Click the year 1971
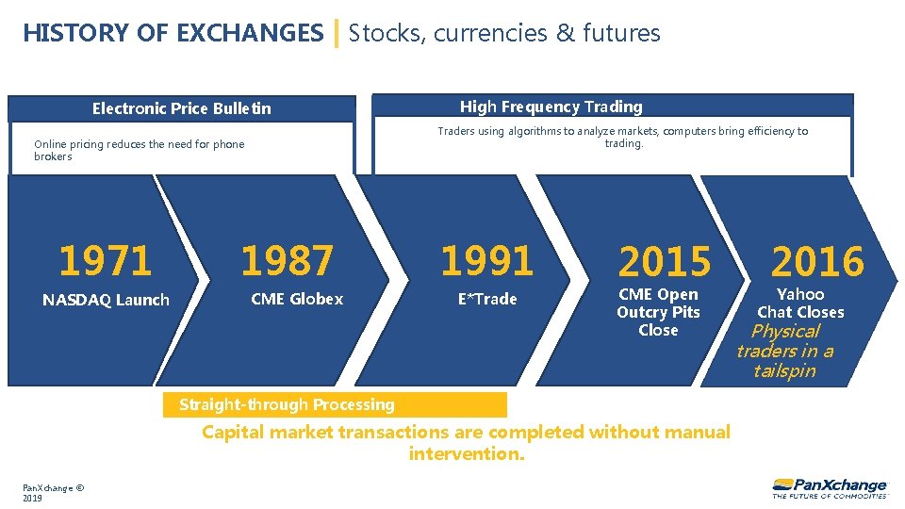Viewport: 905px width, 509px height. click(105, 261)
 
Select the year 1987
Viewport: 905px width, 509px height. click(287, 261)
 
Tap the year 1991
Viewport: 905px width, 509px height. click(486, 261)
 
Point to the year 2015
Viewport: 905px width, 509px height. click(665, 262)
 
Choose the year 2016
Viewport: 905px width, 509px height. click(817, 261)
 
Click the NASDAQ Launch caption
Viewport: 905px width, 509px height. click(106, 300)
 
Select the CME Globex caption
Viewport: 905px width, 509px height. click(297, 299)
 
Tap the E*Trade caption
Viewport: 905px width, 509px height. click(487, 299)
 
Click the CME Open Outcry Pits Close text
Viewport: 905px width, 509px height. click(658, 312)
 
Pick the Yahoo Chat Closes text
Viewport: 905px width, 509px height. click(800, 303)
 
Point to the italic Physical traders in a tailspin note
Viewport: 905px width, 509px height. click(784, 351)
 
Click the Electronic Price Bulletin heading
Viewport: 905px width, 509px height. click(181, 108)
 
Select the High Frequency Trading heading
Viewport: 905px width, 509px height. click(551, 107)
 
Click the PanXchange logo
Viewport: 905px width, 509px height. click(829, 486)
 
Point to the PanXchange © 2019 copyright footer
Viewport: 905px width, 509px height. click(54, 492)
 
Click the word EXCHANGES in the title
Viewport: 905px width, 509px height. click(250, 34)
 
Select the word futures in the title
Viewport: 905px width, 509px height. click(621, 34)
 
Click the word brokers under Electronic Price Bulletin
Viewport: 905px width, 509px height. click(53, 156)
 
